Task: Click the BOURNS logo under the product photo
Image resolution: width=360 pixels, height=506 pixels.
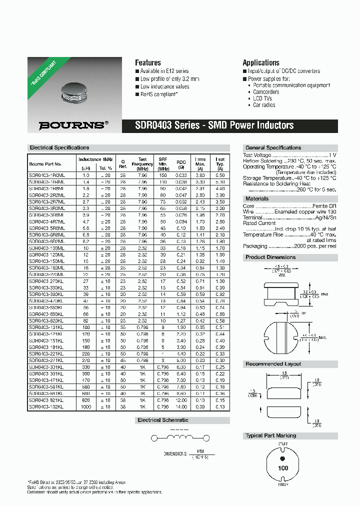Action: [x=73, y=125]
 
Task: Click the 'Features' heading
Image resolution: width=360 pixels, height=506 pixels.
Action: [x=148, y=62]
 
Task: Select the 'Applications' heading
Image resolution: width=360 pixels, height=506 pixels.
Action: [x=260, y=62]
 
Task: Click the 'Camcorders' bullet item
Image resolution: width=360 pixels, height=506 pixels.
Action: [x=266, y=92]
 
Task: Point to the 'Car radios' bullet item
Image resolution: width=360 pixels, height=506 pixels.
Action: [x=264, y=105]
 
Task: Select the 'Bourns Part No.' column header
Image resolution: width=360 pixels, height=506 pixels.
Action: [x=45, y=164]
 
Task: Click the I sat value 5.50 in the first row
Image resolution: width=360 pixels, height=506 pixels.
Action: [x=220, y=175]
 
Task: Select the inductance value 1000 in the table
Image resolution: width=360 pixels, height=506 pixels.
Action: [x=85, y=406]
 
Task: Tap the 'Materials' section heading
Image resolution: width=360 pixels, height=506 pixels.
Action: [x=257, y=198]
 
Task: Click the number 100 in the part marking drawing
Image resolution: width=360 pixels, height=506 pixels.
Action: [x=283, y=468]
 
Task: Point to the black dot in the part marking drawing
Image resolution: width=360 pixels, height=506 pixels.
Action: [x=283, y=458]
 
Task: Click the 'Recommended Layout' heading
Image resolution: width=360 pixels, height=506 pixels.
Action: [x=273, y=364]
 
